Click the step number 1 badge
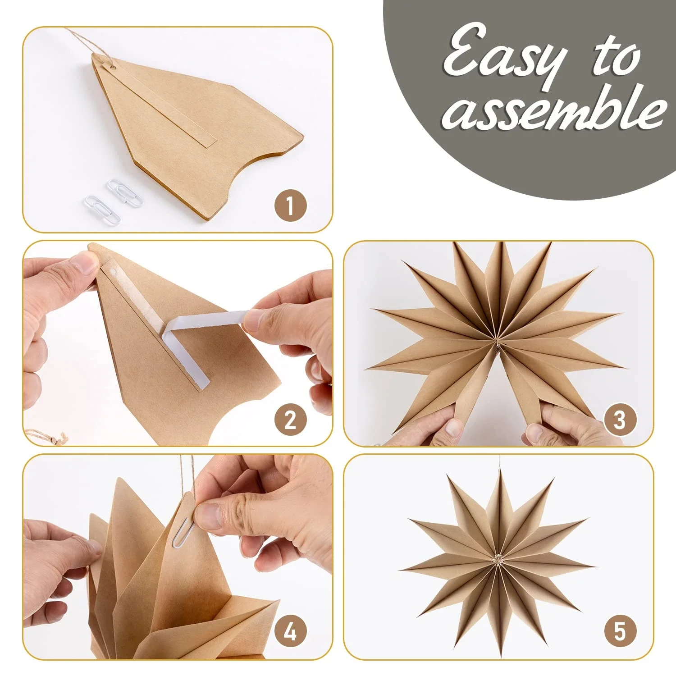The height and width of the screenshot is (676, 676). coord(290,206)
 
